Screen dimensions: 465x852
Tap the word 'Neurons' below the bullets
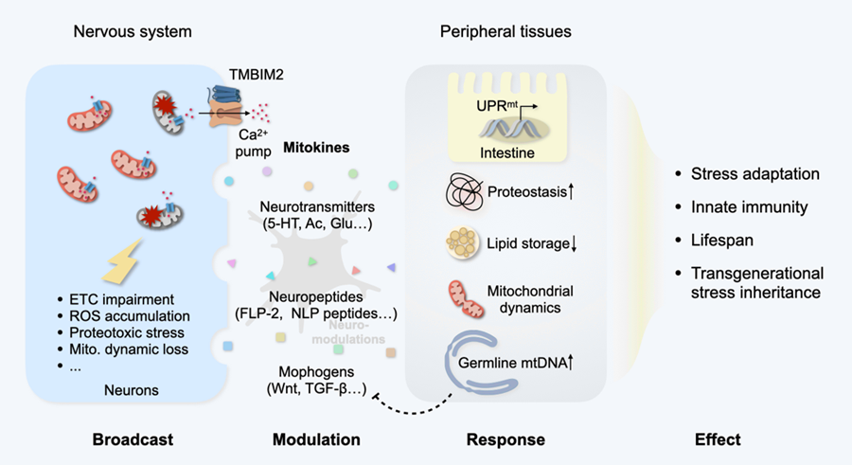pos(132,389)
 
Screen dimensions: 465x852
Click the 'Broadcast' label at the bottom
pos(132,439)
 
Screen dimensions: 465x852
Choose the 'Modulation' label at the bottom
pos(316,439)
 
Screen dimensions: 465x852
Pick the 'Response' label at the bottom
pos(506,439)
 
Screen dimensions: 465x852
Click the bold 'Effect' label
pos(717,439)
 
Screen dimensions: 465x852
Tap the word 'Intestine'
pos(502,150)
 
